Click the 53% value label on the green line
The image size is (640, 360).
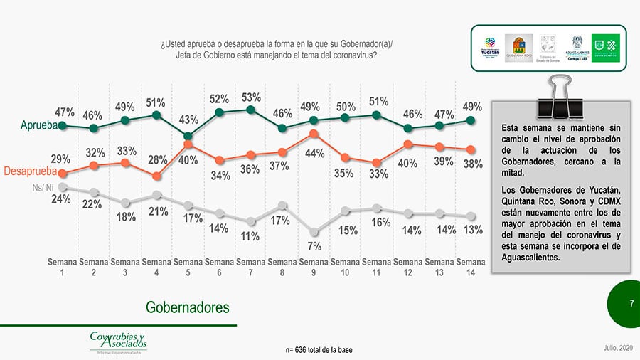(251, 97)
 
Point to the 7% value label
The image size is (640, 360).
(314, 246)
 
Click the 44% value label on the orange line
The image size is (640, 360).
(315, 153)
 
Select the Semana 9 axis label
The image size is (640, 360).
(314, 267)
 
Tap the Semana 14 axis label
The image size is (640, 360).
(470, 267)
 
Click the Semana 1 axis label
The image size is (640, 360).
(63, 267)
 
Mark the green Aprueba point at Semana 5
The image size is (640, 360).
(188, 136)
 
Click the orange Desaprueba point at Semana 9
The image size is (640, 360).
(314, 133)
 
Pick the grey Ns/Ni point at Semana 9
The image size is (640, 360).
(314, 232)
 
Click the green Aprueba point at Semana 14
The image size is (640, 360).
(471, 120)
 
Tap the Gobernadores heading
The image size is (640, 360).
(188, 307)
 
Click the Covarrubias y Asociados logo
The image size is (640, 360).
(118, 341)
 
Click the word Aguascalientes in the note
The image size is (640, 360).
(530, 257)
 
